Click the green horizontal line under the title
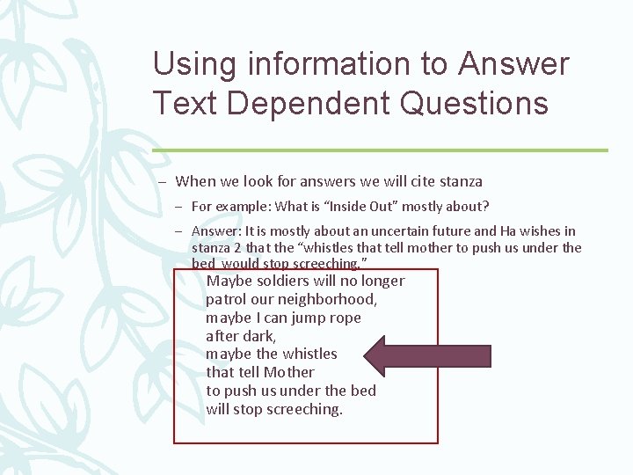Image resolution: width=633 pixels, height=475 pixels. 380,150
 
